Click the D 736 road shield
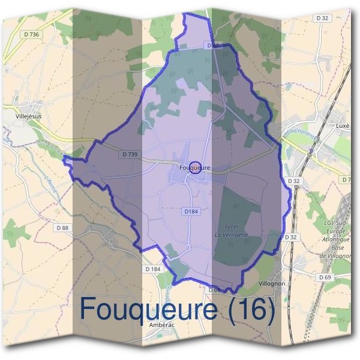point(29,35)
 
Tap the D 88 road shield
point(62,227)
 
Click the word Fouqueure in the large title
point(158,310)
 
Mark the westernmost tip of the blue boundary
point(64,158)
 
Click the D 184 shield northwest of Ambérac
point(153,269)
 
